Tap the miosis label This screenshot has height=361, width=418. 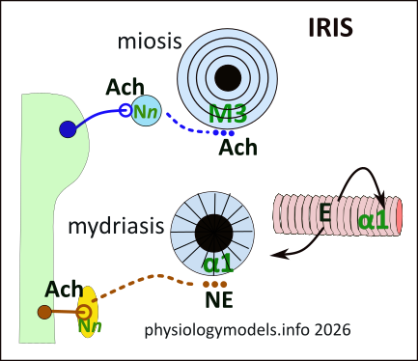click(144, 42)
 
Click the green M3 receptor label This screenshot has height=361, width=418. click(230, 114)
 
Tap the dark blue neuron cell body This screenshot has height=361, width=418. click(68, 128)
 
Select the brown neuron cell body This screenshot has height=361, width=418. click(44, 311)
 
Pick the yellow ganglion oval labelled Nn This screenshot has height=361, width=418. click(87, 311)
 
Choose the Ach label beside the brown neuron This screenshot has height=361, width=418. click(65, 289)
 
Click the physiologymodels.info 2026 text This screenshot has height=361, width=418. click(245, 329)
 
